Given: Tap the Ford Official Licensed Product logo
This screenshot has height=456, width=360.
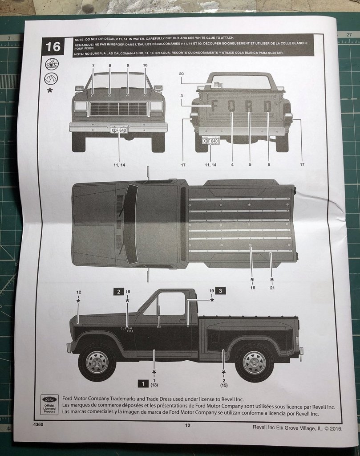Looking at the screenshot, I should coord(49,404).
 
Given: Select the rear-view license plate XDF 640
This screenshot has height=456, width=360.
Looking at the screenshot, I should coord(210,141).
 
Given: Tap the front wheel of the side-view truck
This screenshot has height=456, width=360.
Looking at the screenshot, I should coord(97,362).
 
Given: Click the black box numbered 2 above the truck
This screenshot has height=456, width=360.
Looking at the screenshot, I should coord(118,292).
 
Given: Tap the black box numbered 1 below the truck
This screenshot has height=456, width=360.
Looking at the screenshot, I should coord(142,383).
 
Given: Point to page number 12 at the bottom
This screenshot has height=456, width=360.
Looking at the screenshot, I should coord(187,425).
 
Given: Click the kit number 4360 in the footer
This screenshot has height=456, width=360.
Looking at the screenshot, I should coord(38,424).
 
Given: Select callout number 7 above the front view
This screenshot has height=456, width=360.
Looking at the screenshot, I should coord(93,65).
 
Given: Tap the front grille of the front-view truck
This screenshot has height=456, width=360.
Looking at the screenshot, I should coord(118,109).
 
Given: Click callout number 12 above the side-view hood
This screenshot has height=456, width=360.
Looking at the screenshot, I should coord(79,292).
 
